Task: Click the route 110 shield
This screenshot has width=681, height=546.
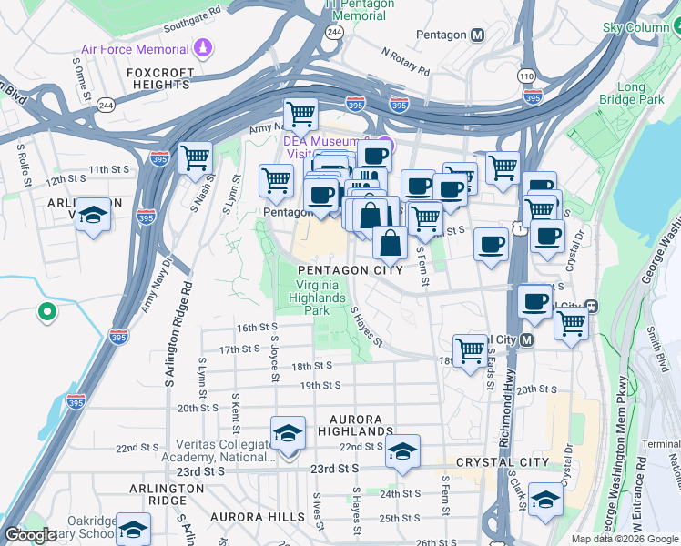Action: coord(527,76)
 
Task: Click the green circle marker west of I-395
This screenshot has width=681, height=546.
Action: coord(46,313)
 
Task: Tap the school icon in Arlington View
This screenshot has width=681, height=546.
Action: coord(92,217)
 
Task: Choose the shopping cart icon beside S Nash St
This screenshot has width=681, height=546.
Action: coord(196,158)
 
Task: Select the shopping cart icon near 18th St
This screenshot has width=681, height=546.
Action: coord(470,349)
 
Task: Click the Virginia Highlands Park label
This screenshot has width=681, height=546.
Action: coord(317,298)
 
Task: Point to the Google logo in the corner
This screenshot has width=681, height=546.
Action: coord(30,535)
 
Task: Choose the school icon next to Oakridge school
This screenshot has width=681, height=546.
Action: coord(134,529)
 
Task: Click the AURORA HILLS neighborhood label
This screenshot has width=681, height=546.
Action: coord(258,516)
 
